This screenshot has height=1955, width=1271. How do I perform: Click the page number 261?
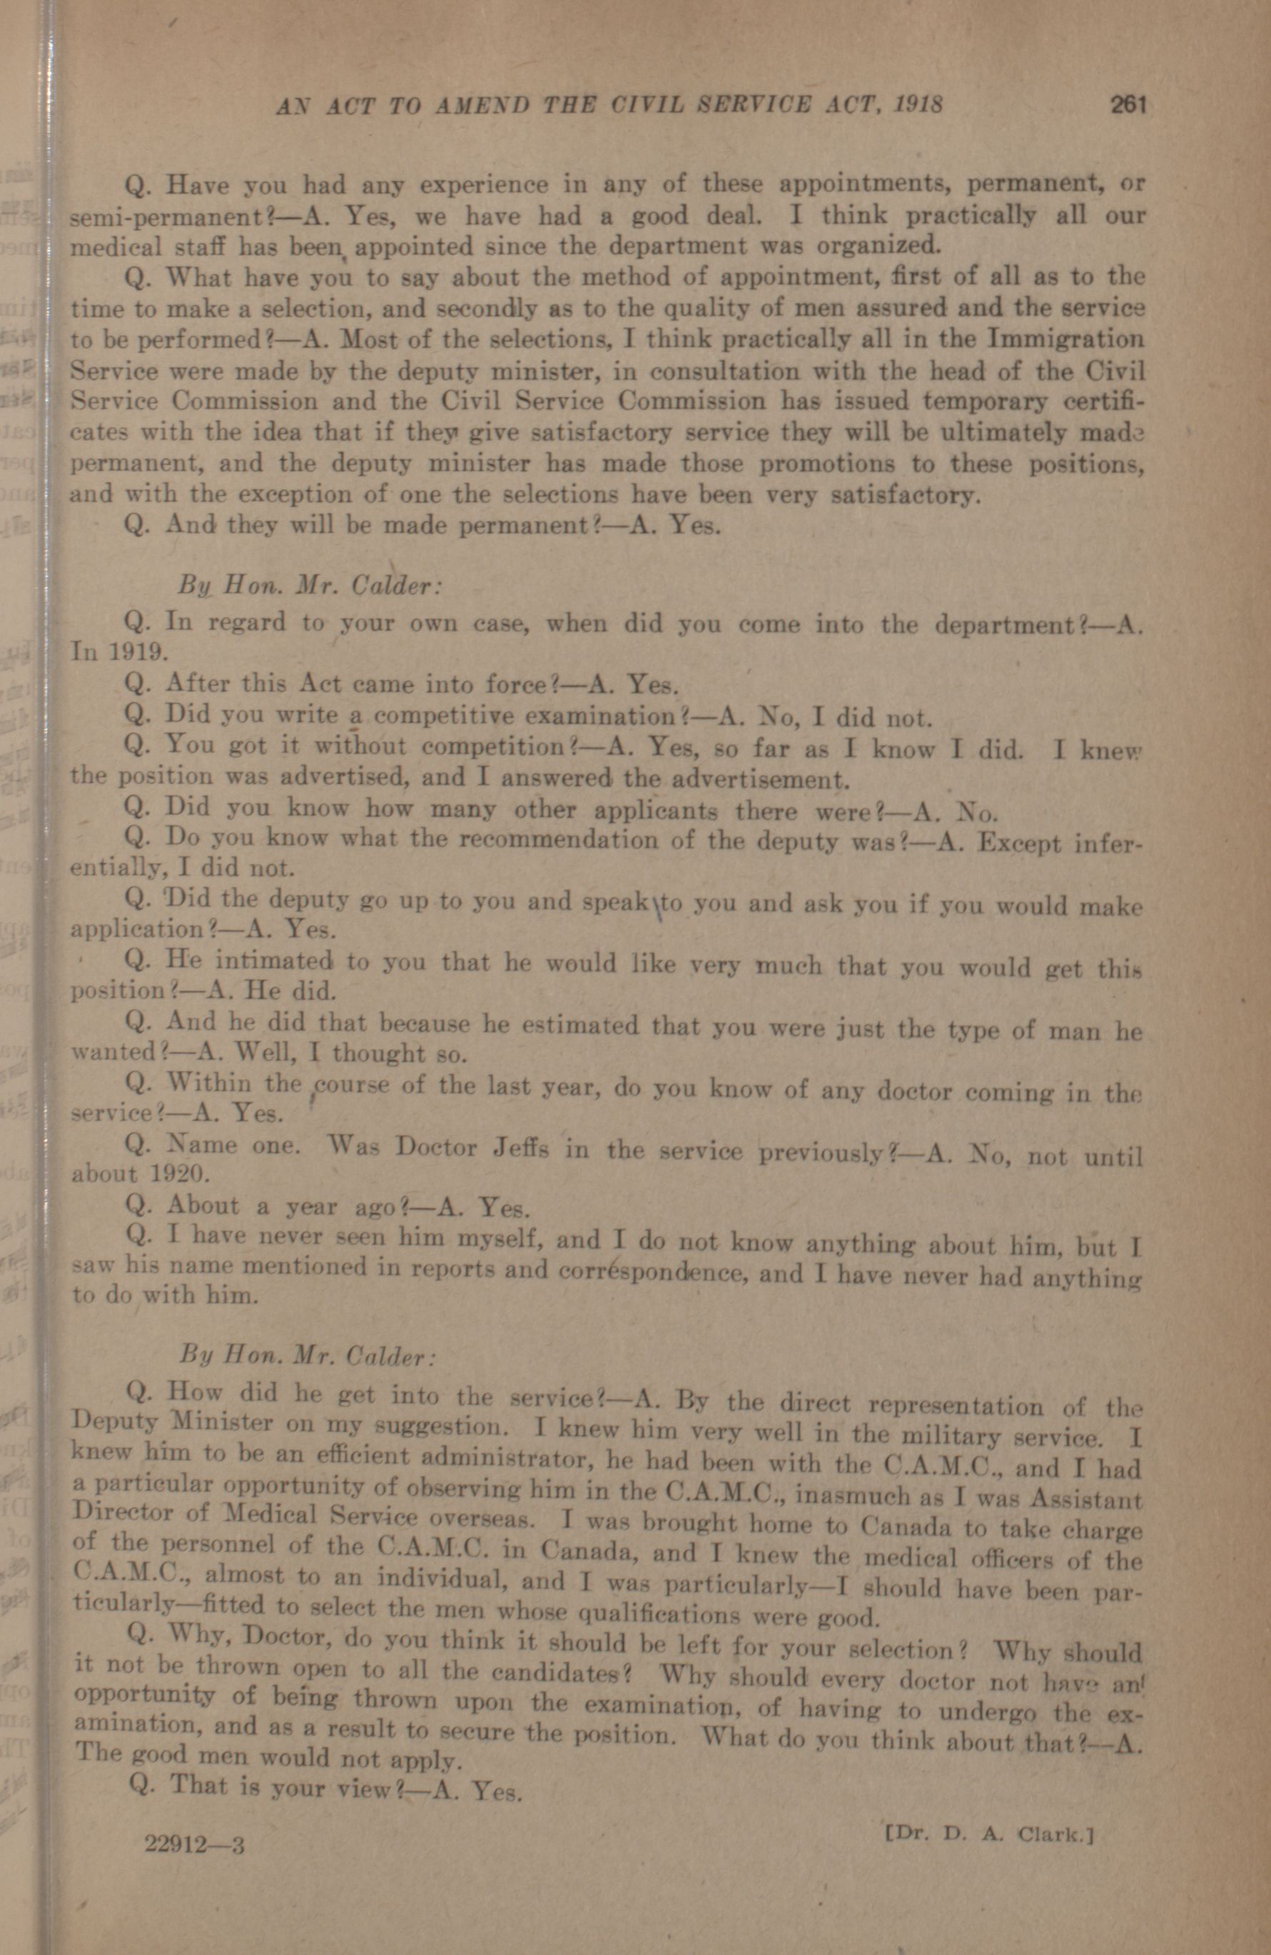click(x=1128, y=105)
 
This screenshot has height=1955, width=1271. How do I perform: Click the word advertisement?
click(x=755, y=778)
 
